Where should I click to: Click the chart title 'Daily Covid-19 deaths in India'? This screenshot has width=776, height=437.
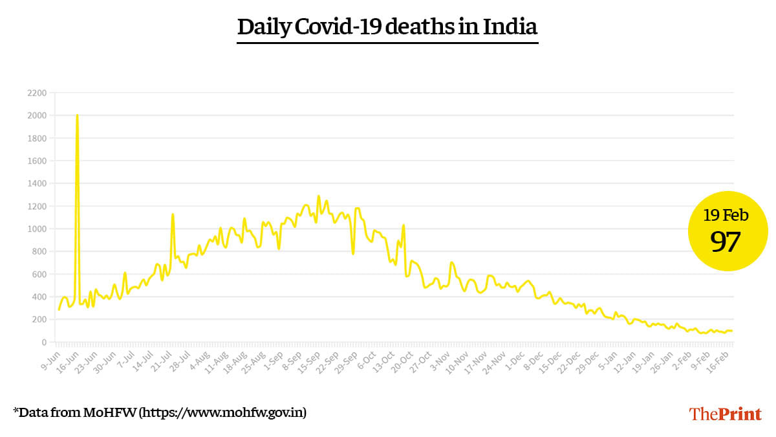click(x=387, y=27)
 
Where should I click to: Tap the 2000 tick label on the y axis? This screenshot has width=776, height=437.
click(x=37, y=116)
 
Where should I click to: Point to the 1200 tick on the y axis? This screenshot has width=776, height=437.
click(x=37, y=207)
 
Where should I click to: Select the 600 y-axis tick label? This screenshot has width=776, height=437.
click(x=39, y=275)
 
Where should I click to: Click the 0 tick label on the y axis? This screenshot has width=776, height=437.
click(x=43, y=342)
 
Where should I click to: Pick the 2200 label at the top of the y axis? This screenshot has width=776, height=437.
click(x=37, y=93)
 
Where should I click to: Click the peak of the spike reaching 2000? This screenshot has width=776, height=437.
click(x=77, y=115)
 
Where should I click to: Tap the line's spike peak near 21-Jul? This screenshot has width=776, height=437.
click(x=173, y=214)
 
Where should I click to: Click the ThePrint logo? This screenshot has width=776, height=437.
click(x=725, y=414)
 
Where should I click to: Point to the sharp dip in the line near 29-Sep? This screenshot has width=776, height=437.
click(x=352, y=253)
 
